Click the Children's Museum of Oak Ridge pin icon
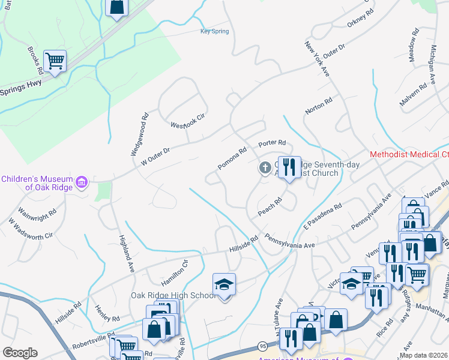(82, 182)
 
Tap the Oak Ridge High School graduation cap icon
(224, 284)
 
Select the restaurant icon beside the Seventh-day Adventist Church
(289, 167)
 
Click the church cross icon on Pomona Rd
(264, 168)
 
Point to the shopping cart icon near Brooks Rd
(55, 61)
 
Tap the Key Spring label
(214, 32)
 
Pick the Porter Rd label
(271, 144)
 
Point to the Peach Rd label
(270, 208)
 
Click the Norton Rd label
(318, 106)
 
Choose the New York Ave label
(318, 59)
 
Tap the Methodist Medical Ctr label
(409, 154)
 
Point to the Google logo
(20, 353)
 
